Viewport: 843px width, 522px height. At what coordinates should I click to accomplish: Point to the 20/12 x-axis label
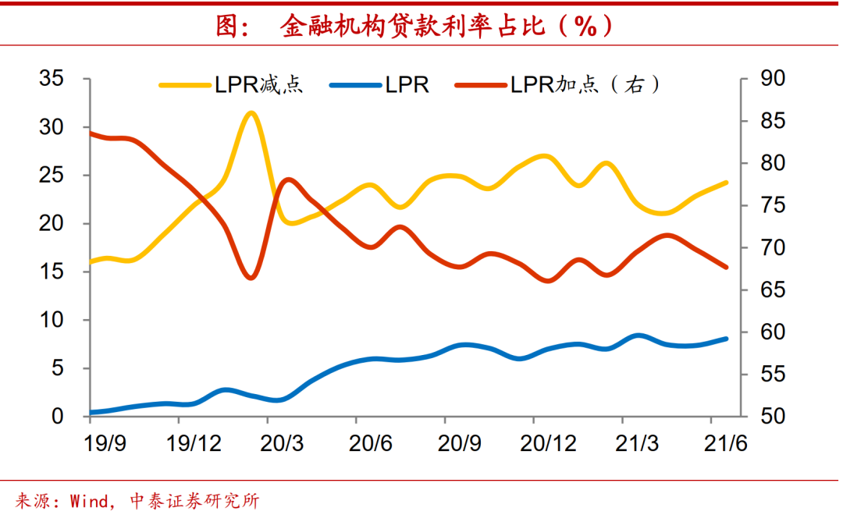(550, 444)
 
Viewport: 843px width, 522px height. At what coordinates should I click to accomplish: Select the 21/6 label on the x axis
(727, 444)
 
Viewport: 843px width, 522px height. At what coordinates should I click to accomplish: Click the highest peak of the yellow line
(251, 113)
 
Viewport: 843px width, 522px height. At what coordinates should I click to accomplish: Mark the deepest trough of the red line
(250, 277)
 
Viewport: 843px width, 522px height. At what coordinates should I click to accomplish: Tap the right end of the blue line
(726, 339)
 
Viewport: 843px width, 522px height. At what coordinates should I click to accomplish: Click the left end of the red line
(91, 133)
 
